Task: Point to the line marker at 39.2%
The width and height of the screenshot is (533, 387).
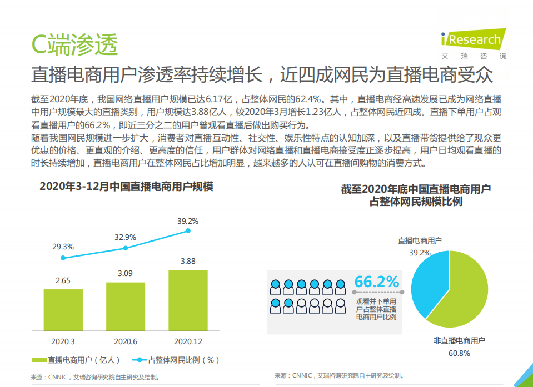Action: pyautogui.click(x=188, y=230)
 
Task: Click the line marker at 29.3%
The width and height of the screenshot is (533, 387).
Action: pyautogui.click(x=63, y=258)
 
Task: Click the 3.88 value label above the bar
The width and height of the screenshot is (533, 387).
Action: pyautogui.click(x=188, y=261)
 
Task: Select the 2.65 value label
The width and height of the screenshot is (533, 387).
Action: pyautogui.click(x=63, y=280)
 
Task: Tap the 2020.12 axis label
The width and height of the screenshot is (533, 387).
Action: pyautogui.click(x=188, y=341)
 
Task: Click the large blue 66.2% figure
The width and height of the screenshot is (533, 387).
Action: pyautogui.click(x=377, y=282)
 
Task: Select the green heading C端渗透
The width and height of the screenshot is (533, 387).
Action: pyautogui.click(x=74, y=44)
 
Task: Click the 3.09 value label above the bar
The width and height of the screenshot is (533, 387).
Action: pyautogui.click(x=126, y=273)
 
